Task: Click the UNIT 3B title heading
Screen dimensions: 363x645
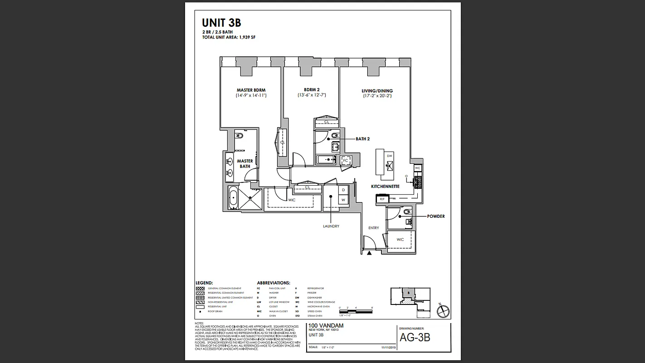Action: pyautogui.click(x=221, y=23)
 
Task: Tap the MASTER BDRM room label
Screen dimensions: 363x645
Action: pyautogui.click(x=251, y=90)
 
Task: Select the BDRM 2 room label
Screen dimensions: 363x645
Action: pyautogui.click(x=312, y=90)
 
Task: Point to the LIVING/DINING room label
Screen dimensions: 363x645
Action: pyautogui.click(x=377, y=91)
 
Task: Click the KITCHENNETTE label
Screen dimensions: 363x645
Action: pyautogui.click(x=385, y=186)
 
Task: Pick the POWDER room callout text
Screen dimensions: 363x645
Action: pyautogui.click(x=436, y=216)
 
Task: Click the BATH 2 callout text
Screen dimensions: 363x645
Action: pyautogui.click(x=362, y=139)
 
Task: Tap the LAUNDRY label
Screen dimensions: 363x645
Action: pyautogui.click(x=331, y=226)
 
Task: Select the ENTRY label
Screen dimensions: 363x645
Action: pyautogui.click(x=373, y=228)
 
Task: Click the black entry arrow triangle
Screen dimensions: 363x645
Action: pyautogui.click(x=370, y=253)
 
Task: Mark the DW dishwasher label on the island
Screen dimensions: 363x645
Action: pyautogui.click(x=389, y=156)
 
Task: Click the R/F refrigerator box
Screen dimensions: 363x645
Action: pyautogui.click(x=382, y=199)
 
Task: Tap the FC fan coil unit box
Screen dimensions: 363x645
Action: pyautogui.click(x=346, y=161)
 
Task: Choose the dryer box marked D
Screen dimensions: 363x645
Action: pyautogui.click(x=343, y=190)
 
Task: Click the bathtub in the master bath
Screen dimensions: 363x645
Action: pyautogui.click(x=233, y=198)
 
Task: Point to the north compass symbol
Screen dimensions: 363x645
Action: pyautogui.click(x=442, y=311)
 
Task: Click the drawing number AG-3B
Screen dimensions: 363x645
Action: pyautogui.click(x=415, y=338)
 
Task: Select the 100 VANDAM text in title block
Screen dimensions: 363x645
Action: pyautogui.click(x=326, y=325)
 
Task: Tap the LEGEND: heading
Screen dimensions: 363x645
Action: pyautogui.click(x=204, y=283)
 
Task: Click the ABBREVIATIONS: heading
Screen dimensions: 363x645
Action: pyautogui.click(x=274, y=283)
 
